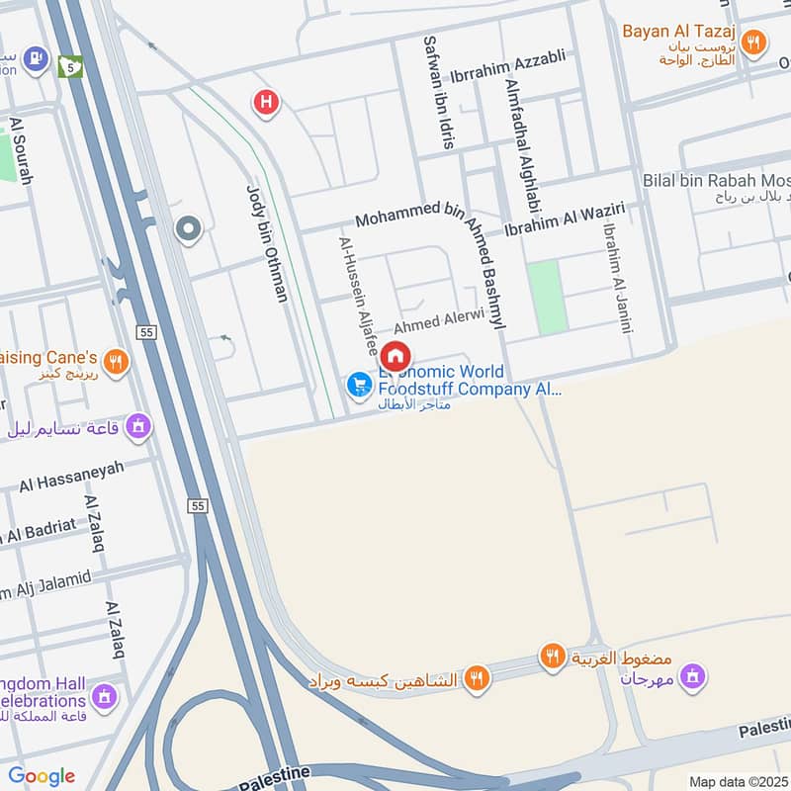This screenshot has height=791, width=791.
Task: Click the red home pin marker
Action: tap(395, 357)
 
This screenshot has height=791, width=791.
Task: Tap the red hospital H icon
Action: tap(265, 101)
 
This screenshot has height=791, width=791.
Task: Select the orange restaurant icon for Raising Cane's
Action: tap(117, 363)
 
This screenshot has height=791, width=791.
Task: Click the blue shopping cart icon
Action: tap(359, 386)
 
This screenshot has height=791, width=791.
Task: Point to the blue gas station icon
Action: tap(36, 58)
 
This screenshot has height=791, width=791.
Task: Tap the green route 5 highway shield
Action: tap(69, 66)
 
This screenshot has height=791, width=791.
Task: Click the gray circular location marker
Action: tap(187, 230)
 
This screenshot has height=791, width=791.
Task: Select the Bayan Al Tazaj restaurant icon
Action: tap(754, 42)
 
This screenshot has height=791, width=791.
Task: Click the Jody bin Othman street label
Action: tap(266, 243)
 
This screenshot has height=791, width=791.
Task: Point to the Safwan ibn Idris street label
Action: tap(439, 92)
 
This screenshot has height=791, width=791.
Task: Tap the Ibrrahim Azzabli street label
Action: tap(507, 57)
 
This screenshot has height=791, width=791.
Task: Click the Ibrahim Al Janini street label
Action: tap(615, 278)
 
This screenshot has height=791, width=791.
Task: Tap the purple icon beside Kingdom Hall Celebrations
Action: tap(105, 696)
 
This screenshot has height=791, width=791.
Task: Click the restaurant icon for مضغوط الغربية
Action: tap(552, 655)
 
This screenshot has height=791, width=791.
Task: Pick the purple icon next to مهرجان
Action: tap(694, 676)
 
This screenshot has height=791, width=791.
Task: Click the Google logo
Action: tap(42, 776)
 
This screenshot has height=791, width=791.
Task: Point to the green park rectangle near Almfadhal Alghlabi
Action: tap(545, 297)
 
